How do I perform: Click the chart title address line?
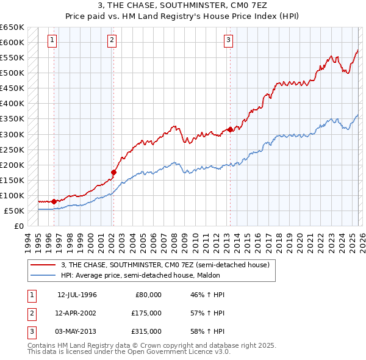click(x=182, y=5)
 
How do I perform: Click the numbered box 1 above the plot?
click(x=52, y=41)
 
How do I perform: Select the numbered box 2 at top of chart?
click(x=112, y=41)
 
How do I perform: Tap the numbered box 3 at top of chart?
click(x=228, y=41)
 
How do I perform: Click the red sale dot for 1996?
click(x=54, y=201)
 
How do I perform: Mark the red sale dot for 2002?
click(x=113, y=172)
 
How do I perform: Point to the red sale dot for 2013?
click(x=230, y=129)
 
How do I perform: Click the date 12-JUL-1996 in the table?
click(x=77, y=295)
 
